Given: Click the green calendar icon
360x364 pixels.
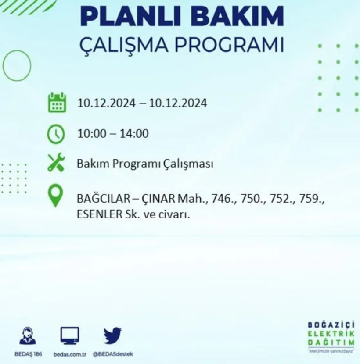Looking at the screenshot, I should click(57, 102).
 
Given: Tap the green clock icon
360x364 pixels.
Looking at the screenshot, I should click(57, 133).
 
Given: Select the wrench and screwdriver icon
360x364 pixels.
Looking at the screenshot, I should click(57, 164).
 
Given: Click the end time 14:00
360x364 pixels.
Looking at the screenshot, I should click(134, 133).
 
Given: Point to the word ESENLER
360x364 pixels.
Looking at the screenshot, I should click(97, 215).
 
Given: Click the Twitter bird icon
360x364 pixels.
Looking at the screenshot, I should click(112, 336).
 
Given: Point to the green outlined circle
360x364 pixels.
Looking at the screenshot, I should click(17, 66).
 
